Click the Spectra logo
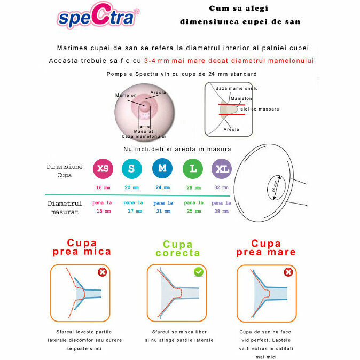98,18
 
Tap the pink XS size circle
103,169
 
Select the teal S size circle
131,169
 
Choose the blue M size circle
162,169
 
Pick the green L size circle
193,169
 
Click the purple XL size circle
222,169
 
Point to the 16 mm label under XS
103,187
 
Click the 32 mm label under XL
221,187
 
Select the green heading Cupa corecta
178,249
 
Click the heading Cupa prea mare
266,247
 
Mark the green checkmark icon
198,272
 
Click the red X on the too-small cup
102,272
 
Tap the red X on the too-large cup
288,272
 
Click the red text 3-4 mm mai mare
229,61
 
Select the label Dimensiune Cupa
65,170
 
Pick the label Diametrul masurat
65,207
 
